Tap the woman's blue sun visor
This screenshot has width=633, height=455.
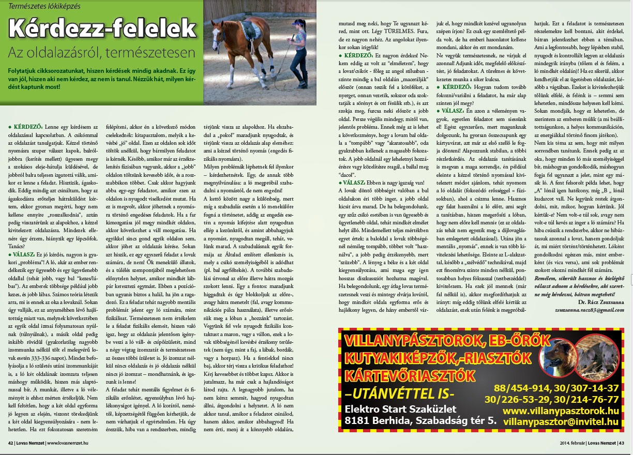click(296, 22)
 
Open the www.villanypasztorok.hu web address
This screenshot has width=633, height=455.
click(561, 411)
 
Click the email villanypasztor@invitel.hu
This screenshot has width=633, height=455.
click(561, 422)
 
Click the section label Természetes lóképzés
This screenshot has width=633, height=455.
click(40, 6)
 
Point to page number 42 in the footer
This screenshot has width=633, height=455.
click(10, 443)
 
